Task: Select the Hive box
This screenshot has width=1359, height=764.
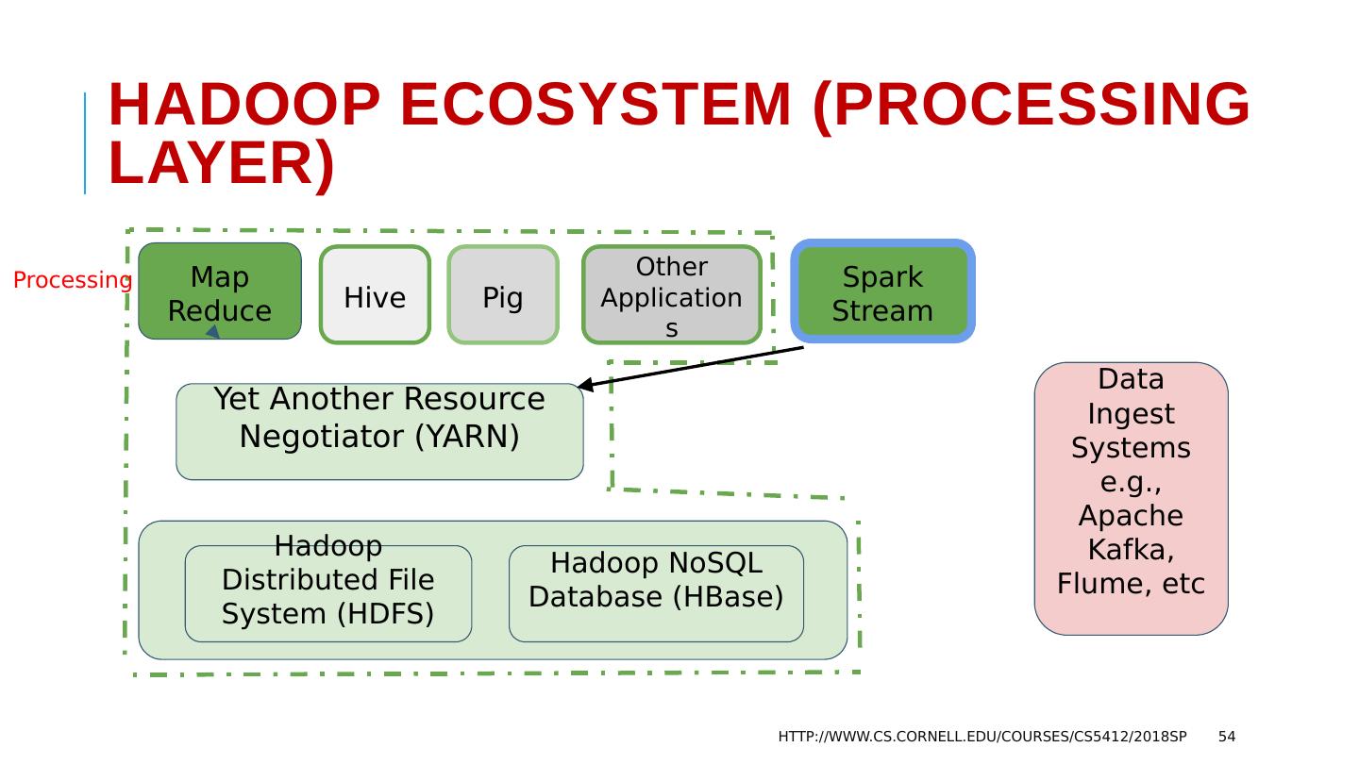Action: click(x=375, y=295)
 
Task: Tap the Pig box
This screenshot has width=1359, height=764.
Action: click(x=503, y=295)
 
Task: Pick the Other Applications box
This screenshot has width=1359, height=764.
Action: click(x=671, y=295)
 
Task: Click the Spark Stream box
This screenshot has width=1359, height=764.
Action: click(x=882, y=291)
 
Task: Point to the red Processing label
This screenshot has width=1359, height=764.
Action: click(x=73, y=280)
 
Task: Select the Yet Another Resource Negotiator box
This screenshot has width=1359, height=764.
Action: click(x=379, y=432)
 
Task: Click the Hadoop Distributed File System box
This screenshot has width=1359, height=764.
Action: click(x=327, y=593)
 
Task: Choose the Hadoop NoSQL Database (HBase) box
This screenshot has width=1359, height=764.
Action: click(x=656, y=593)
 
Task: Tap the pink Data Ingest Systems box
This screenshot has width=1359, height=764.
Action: click(x=1131, y=498)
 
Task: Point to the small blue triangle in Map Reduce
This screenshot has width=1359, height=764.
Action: click(x=213, y=332)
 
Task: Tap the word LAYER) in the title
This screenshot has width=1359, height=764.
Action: click(x=222, y=163)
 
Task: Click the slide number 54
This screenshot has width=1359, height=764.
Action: click(x=1227, y=737)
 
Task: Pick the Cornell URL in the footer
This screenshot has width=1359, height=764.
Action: click(x=981, y=737)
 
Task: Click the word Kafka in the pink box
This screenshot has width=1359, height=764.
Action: click(x=1130, y=550)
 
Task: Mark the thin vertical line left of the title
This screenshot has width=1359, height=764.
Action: click(x=85, y=143)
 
